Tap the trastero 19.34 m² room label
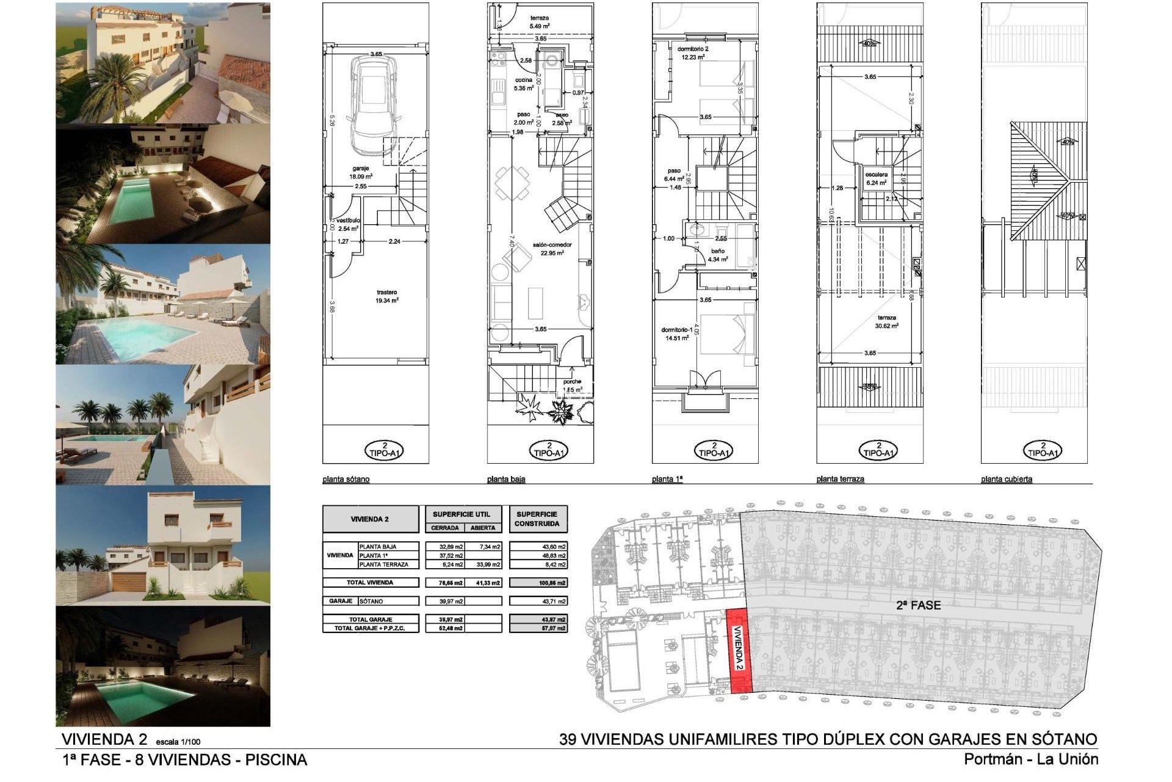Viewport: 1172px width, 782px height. click(388, 296)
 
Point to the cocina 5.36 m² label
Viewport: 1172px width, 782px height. click(524, 84)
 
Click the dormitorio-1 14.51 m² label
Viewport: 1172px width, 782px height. click(676, 334)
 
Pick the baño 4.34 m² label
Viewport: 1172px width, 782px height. click(718, 255)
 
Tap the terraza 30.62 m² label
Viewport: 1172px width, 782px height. click(886, 321)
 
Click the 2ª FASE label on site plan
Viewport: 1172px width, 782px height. click(917, 605)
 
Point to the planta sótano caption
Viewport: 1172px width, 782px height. click(345, 479)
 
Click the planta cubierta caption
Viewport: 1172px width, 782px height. click(1006, 479)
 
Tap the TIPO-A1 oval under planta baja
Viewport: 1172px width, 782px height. click(549, 450)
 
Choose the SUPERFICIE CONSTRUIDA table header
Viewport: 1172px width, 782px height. click(537, 519)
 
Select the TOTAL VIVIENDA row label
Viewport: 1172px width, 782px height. click(370, 582)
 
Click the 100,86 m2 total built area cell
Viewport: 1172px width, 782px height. click(538, 583)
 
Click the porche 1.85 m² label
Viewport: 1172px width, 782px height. click(572, 386)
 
